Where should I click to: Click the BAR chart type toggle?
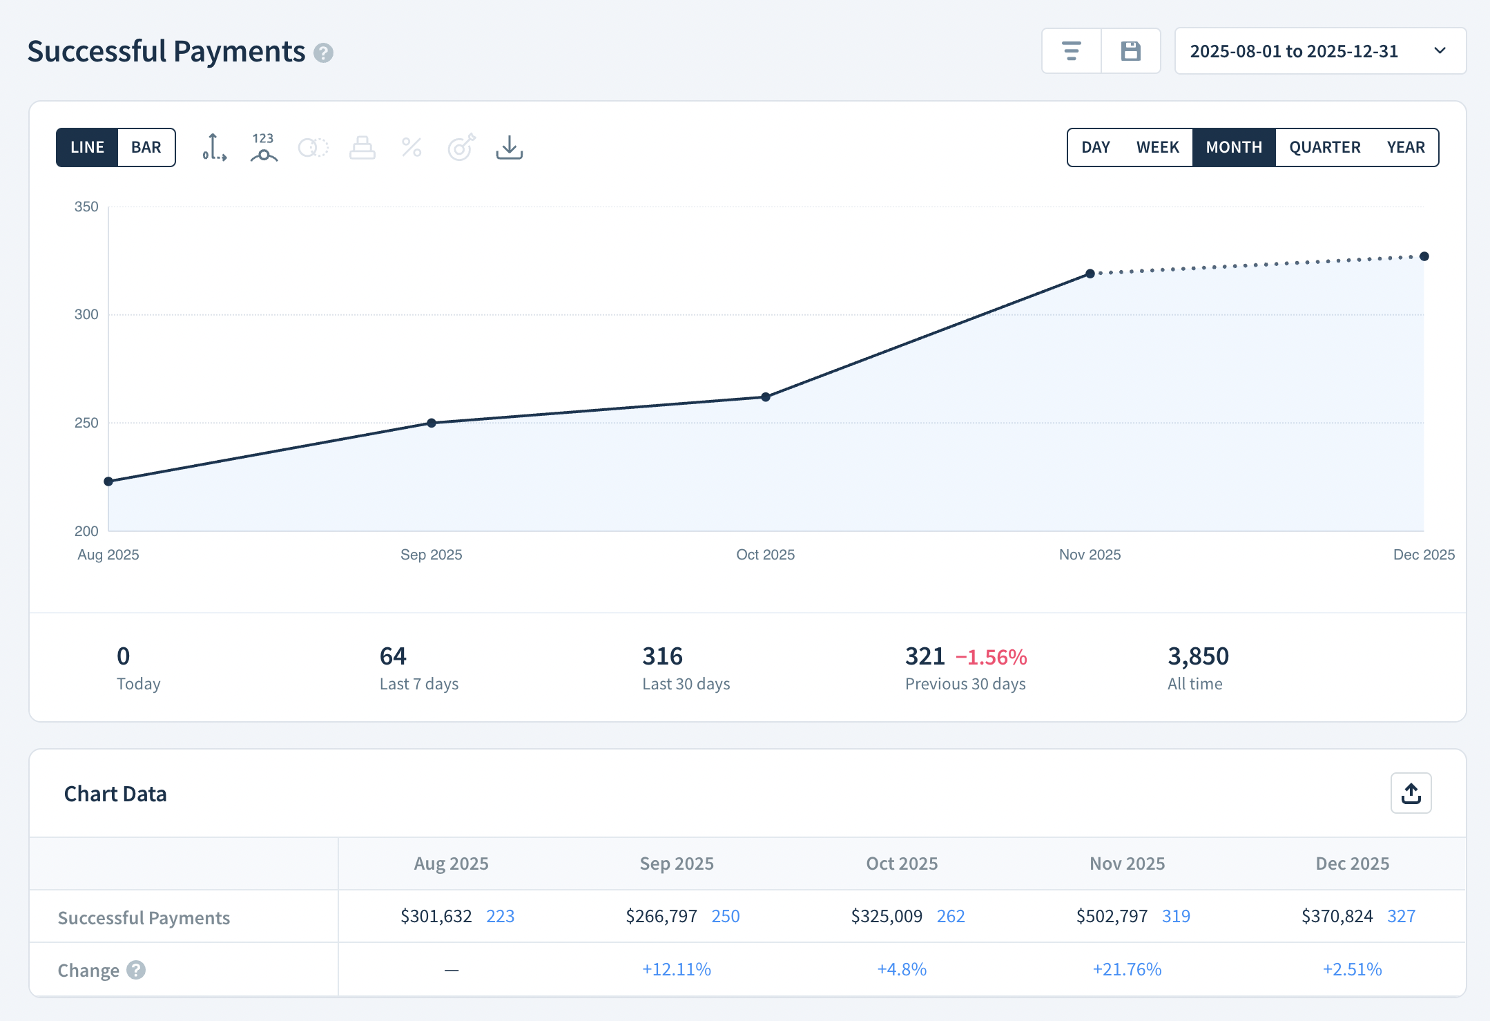coord(146,147)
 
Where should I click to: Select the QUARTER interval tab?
coord(1324,147)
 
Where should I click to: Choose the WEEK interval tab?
coord(1157,147)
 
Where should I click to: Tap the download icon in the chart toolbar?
coord(509,147)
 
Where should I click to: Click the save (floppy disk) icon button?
coord(1130,51)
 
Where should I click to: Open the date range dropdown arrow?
coord(1440,51)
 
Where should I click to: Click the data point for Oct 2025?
coord(766,397)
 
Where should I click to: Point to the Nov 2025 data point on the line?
coord(1090,274)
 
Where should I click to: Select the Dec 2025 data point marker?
coord(1424,256)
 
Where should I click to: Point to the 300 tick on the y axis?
coord(86,315)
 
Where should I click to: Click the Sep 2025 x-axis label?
coord(431,555)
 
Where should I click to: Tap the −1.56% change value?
coord(991,657)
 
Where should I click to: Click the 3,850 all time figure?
coord(1198,656)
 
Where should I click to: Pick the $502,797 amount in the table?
coord(1112,917)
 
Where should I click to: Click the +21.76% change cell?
coord(1127,969)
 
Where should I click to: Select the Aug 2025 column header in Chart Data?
coord(451,863)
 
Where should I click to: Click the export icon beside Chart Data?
coord(1411,794)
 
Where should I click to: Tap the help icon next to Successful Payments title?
coord(323,53)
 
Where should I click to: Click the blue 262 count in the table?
coord(951,917)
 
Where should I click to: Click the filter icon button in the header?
coord(1071,51)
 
